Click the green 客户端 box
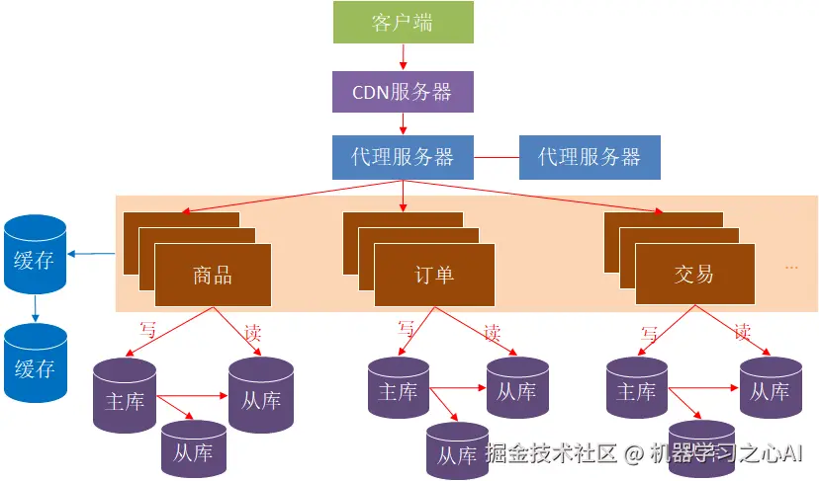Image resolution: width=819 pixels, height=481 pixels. [403, 24]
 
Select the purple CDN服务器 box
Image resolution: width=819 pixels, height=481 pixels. [403, 91]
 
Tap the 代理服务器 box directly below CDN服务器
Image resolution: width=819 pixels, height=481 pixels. [403, 156]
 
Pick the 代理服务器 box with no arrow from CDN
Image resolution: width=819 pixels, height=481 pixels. [590, 156]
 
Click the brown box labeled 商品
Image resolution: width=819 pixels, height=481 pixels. [213, 274]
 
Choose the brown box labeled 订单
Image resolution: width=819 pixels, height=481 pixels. [433, 274]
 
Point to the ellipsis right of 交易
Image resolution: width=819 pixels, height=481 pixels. [791, 268]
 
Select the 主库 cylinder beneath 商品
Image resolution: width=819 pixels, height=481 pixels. [125, 396]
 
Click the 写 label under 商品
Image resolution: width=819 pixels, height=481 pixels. [148, 330]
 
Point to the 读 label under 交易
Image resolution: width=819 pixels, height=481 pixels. [742, 332]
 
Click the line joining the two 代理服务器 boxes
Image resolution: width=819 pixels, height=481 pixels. [497, 157]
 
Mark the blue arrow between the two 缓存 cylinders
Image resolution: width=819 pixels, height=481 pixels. [35, 308]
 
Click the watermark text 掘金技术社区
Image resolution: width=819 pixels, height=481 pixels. [552, 453]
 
